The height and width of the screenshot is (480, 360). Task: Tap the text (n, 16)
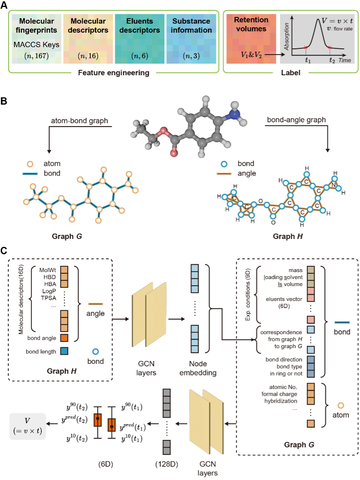click(x=88, y=56)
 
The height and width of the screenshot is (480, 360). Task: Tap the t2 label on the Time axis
click(x=332, y=60)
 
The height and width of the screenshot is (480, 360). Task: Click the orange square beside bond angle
click(x=64, y=338)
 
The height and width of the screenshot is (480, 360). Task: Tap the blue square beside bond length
click(x=64, y=351)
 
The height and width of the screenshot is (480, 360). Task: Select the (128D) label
click(x=166, y=464)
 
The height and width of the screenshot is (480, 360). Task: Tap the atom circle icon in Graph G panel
click(x=341, y=405)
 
